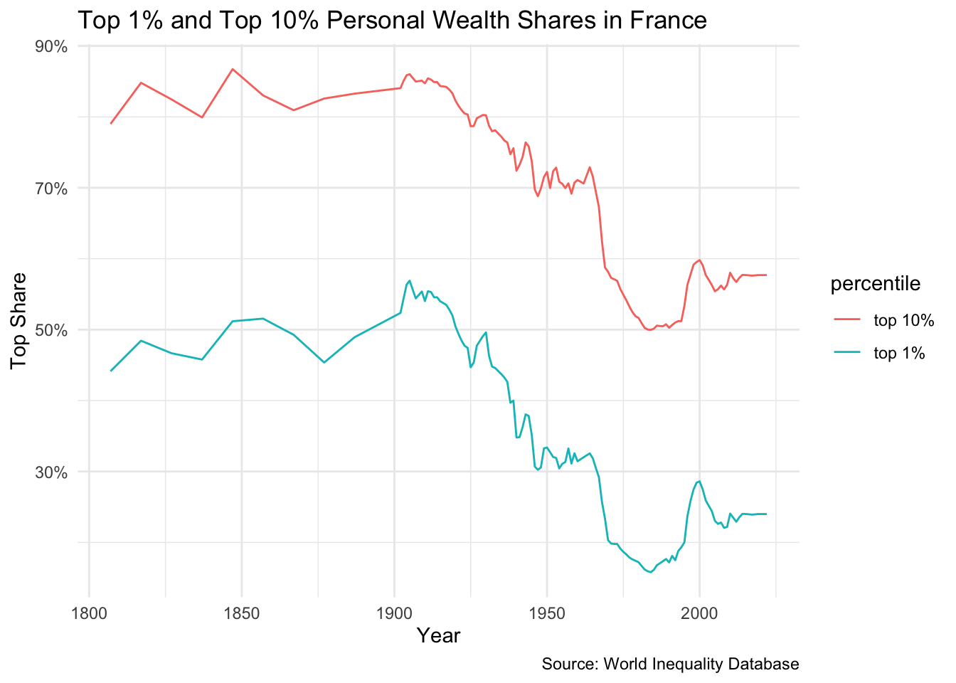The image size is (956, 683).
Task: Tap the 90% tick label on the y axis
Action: tap(52, 47)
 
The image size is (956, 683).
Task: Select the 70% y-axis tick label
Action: tap(52, 189)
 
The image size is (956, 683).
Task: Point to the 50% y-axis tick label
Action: tap(52, 330)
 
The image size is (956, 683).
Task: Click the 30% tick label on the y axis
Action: tap(52, 472)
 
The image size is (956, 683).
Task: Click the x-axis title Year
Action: tap(439, 635)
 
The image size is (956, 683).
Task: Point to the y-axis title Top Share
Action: tap(19, 321)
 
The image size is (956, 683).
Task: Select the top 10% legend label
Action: tap(903, 320)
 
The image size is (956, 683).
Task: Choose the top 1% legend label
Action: tap(899, 353)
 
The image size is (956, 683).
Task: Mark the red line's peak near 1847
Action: tap(233, 69)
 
